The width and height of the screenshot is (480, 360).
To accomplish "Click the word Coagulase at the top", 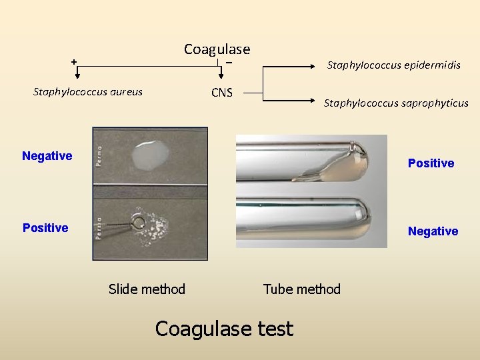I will pyautogui.click(x=217, y=49).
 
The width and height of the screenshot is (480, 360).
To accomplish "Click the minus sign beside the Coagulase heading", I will pyautogui.click(x=229, y=62).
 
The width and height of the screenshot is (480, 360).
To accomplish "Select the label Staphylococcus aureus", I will pyautogui.click(x=88, y=92).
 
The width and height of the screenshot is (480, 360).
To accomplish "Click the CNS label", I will pyautogui.click(x=222, y=93).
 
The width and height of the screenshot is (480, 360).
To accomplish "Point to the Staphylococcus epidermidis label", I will pyautogui.click(x=393, y=65).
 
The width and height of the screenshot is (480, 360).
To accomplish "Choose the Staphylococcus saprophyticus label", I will pyautogui.click(x=396, y=103).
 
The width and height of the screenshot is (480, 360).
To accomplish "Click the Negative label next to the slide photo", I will pyautogui.click(x=47, y=156).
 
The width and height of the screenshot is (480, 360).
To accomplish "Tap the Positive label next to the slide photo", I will pyautogui.click(x=45, y=228).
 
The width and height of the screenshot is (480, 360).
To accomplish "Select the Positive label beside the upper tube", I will pyautogui.click(x=431, y=163).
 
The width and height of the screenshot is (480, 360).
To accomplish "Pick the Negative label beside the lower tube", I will pyautogui.click(x=433, y=231).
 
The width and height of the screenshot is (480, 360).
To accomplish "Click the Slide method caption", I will pyautogui.click(x=147, y=289).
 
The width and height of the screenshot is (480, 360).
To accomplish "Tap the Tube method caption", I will pyautogui.click(x=301, y=289).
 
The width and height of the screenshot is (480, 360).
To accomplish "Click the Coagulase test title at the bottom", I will pyautogui.click(x=224, y=329).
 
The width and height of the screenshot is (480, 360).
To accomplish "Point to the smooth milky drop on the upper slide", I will pyautogui.click(x=151, y=154).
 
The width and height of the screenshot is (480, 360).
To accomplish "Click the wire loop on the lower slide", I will pyautogui.click(x=140, y=221).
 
